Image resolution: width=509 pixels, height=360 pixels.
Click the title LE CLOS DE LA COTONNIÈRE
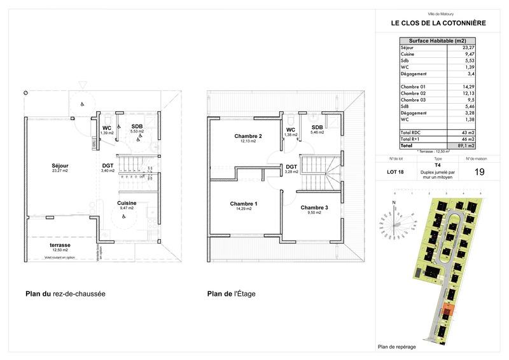438,24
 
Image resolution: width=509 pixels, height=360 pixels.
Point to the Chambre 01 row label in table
412,85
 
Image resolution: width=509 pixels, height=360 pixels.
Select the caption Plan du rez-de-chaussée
65,294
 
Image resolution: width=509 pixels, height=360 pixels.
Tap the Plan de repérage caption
398,347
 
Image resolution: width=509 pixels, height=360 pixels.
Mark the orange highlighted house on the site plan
447,311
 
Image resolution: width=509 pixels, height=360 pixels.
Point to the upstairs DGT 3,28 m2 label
291,169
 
